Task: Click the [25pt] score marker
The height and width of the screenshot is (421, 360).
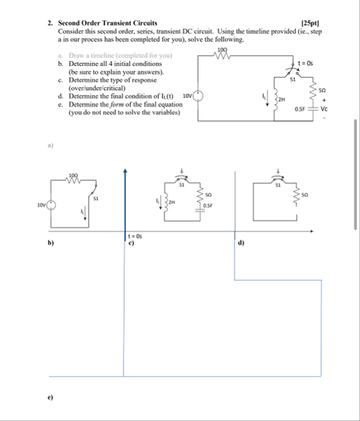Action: click(308, 23)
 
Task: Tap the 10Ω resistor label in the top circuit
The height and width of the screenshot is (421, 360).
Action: click(222, 50)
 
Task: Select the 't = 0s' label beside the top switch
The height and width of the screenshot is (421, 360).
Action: click(306, 63)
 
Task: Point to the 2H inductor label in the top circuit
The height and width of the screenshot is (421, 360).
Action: click(282, 100)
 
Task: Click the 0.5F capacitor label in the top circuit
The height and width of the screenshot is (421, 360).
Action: click(300, 109)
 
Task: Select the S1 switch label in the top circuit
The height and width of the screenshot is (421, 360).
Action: click(291, 79)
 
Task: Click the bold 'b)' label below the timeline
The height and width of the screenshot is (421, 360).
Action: click(52, 244)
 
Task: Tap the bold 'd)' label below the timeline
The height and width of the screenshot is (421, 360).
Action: click(241, 244)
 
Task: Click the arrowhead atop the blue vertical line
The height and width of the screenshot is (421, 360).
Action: click(126, 172)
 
